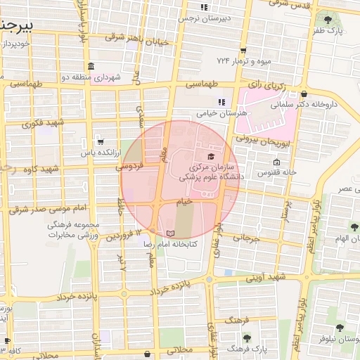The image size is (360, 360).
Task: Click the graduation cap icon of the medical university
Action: click(x=210, y=156)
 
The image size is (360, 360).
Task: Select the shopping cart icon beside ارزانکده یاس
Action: click(x=99, y=141)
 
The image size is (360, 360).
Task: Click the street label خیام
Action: click(x=184, y=202)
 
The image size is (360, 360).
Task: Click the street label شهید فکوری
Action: click(x=43, y=123)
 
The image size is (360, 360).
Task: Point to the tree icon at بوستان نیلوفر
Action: click(x=340, y=328)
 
